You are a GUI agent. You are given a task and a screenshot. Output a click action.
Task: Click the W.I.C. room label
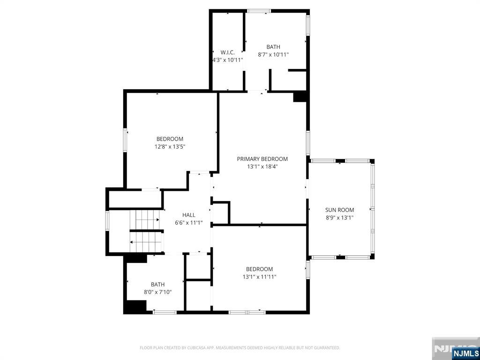[227, 52]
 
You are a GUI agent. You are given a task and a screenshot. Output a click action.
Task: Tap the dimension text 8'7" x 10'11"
[273, 54]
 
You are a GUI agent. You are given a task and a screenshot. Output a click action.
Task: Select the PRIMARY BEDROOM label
[262, 159]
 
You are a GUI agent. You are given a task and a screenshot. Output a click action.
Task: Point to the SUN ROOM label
[339, 210]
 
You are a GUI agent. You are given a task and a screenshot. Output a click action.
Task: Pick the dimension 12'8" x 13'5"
[170, 146]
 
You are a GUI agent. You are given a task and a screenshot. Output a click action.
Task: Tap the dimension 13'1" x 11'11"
[259, 277]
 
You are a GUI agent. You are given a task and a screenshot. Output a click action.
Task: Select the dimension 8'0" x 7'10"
[157, 292]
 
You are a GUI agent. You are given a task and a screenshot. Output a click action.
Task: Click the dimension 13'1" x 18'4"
[262, 166]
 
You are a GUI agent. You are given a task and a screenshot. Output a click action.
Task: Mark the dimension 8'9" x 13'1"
[339, 217]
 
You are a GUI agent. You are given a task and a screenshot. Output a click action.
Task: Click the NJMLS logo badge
[465, 353]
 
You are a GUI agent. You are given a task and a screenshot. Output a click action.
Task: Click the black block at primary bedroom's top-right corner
[300, 97]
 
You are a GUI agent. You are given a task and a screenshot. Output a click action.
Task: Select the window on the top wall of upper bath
[259, 11]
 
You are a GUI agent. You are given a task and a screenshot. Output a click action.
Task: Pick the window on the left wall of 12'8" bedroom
[125, 140]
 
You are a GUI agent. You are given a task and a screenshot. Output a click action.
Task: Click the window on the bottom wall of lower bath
[165, 312]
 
